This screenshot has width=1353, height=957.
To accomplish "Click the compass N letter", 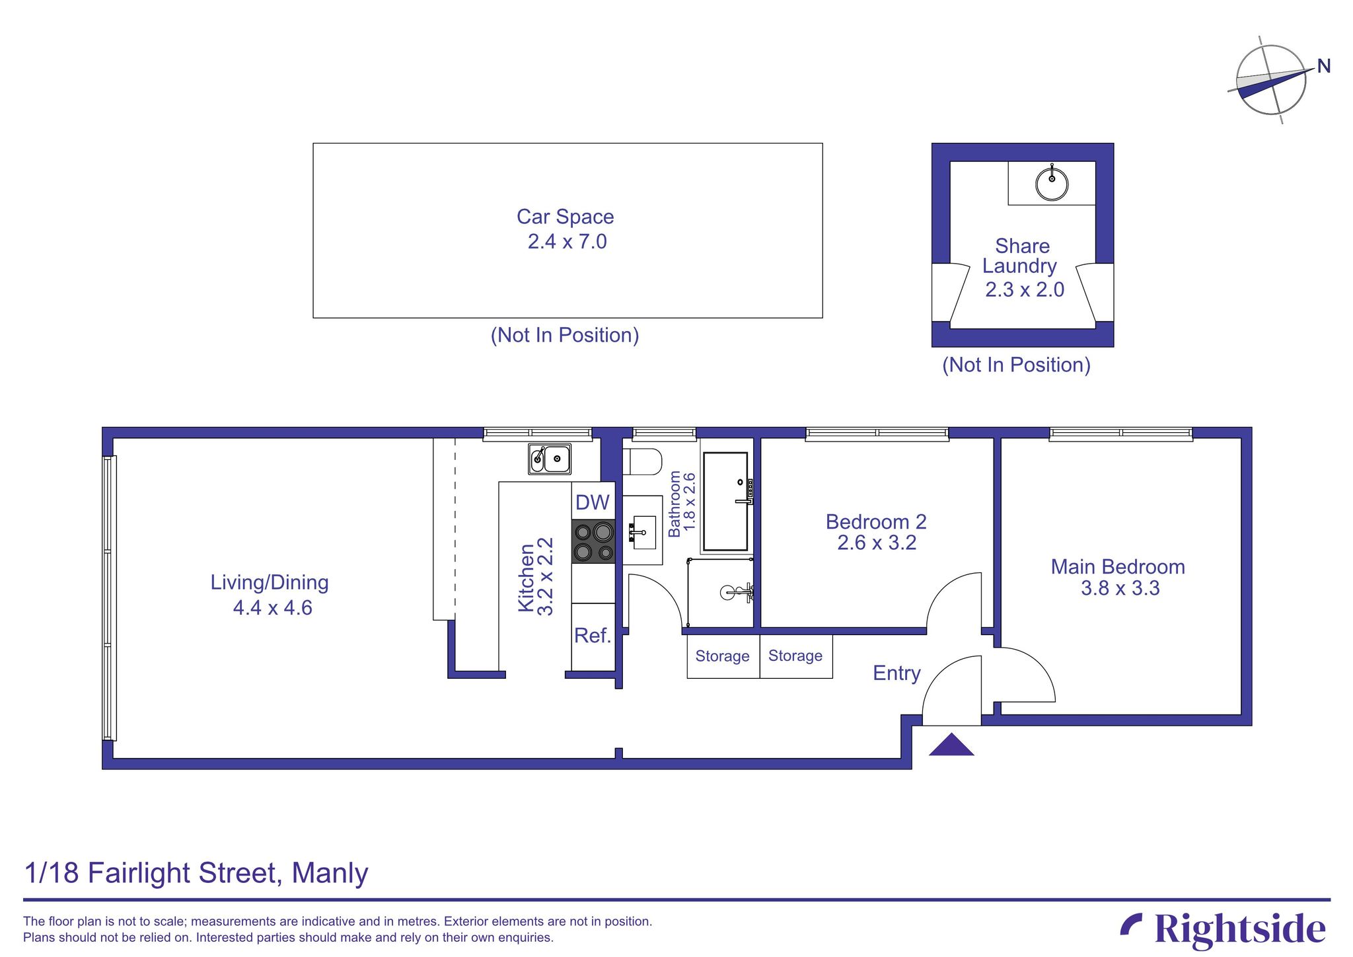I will pos(1323,66).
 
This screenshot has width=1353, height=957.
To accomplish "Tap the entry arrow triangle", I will pos(951,746).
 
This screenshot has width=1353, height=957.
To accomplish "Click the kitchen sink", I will pos(550,459).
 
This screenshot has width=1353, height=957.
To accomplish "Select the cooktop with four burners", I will pos(593,541).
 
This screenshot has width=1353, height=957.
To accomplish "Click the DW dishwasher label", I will pos(593,503).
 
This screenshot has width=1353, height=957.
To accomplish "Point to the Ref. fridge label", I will pos(593,636).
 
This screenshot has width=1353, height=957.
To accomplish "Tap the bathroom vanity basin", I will pos(643,531).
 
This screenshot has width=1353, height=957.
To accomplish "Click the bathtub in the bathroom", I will pos(725,502).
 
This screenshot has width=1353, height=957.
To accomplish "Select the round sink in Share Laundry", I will pos(1052,183).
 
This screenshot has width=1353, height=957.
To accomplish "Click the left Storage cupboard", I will pos(723,656).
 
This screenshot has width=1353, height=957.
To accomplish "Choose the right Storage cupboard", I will pos(795,656).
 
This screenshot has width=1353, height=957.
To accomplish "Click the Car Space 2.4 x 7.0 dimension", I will pos(567,242).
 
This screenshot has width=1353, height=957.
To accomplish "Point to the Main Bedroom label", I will pos(1118,567).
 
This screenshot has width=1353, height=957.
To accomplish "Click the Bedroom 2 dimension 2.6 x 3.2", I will pos(877,543).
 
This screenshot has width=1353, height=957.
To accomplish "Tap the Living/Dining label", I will pos(270,583).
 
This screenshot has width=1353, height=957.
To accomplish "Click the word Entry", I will pos(896,673).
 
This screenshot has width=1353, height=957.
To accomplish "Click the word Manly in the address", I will pos(330,873).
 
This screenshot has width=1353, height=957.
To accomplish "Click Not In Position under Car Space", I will pos(565,335).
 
